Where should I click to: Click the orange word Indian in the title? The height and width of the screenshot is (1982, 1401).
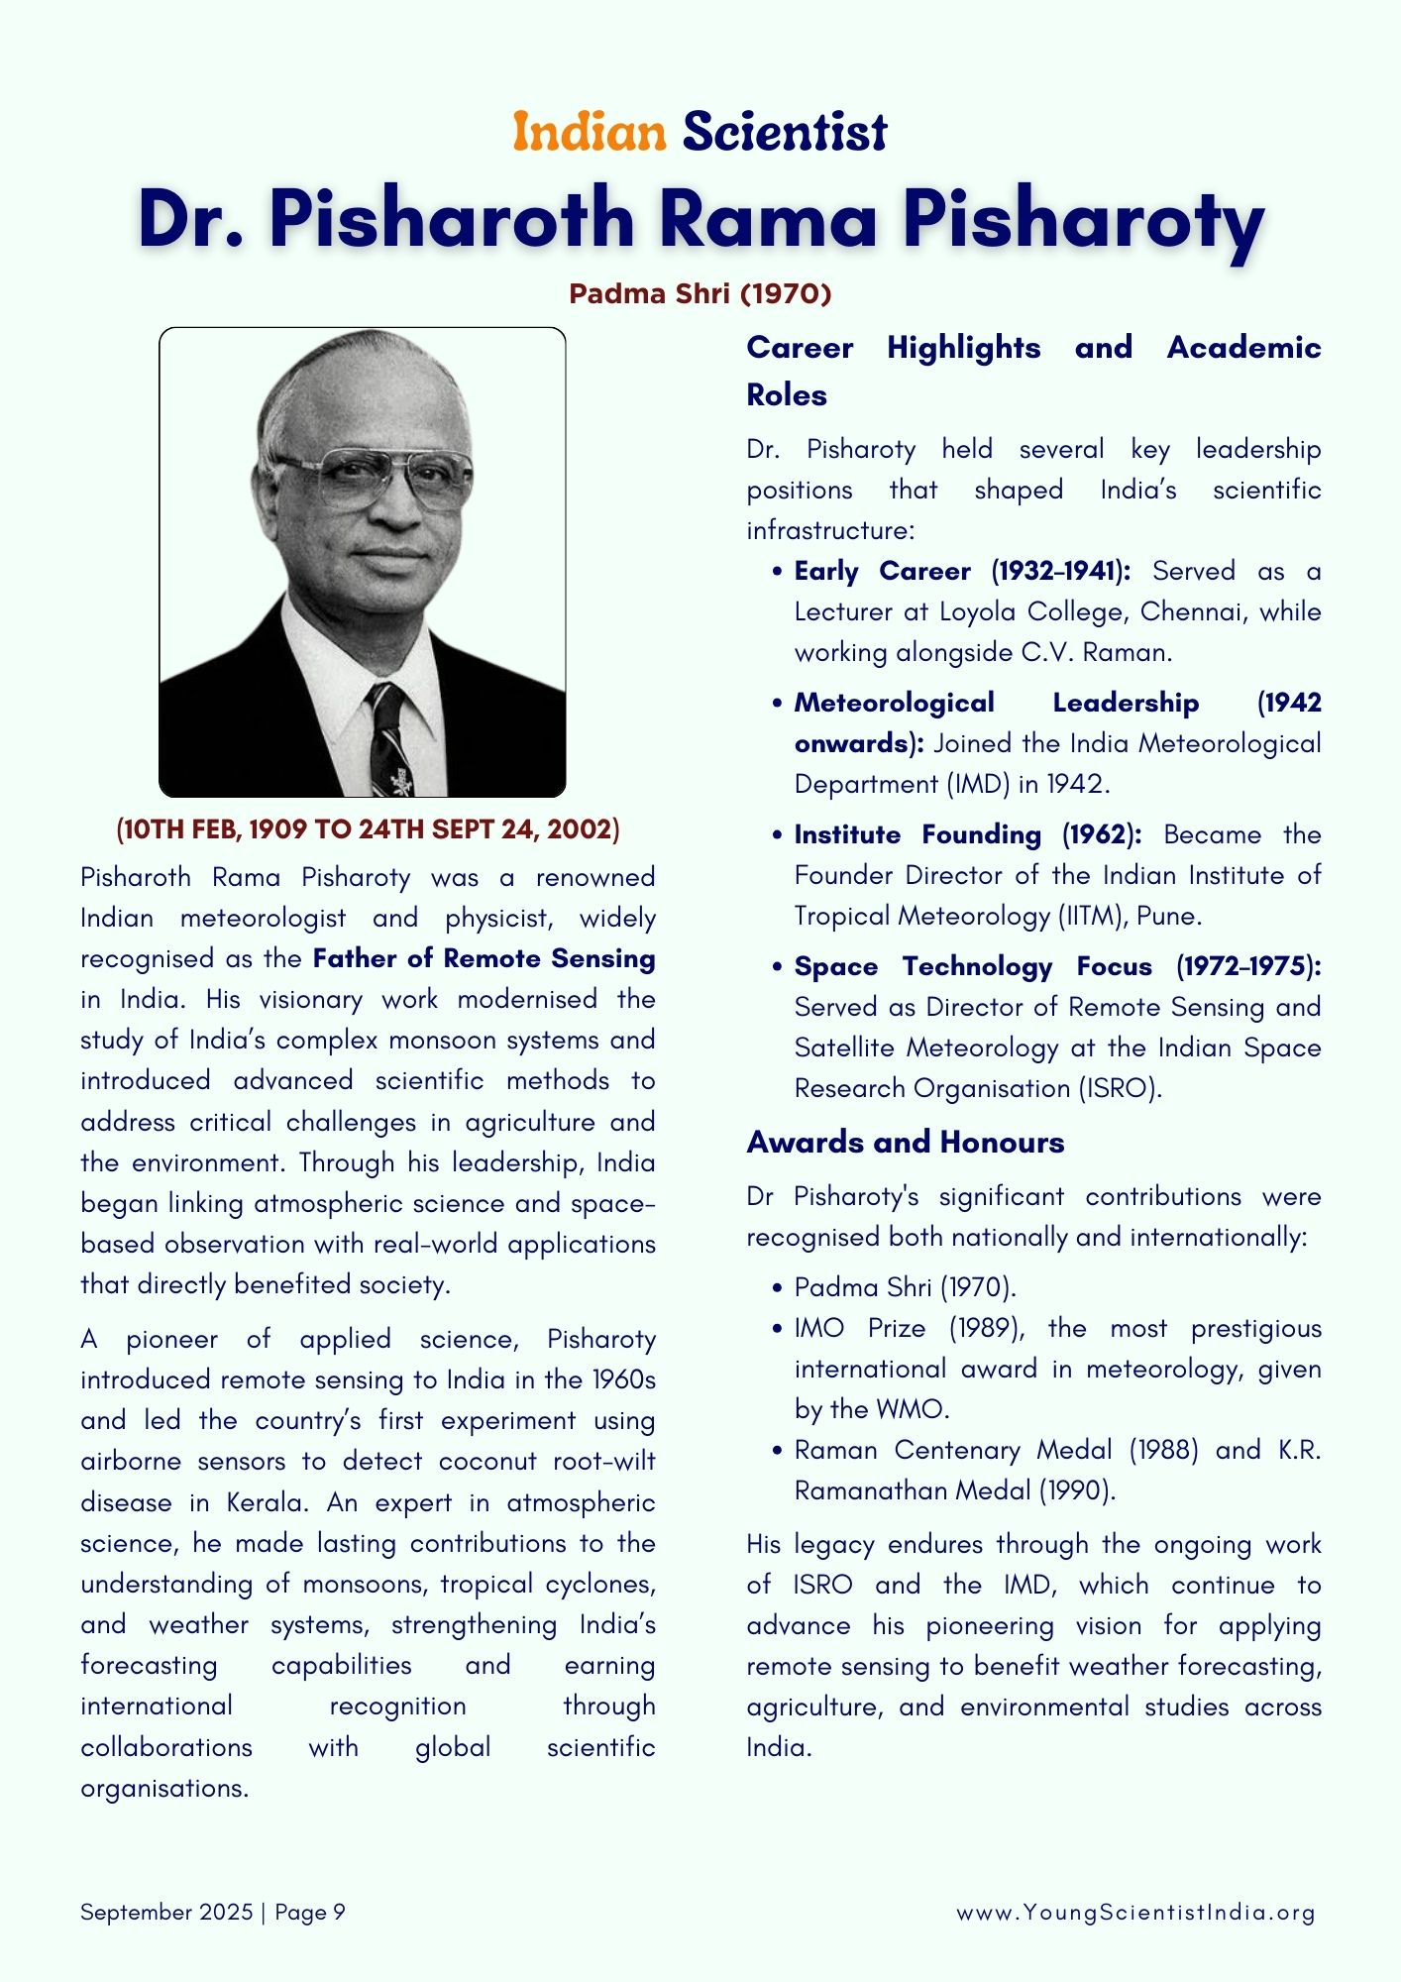(x=589, y=133)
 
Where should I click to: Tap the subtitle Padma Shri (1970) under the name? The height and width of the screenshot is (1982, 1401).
(x=700, y=294)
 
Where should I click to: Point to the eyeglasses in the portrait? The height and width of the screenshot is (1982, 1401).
(x=374, y=479)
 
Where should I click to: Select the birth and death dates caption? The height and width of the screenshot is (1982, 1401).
(x=368, y=829)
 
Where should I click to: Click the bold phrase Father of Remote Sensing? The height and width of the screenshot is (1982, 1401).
(x=484, y=959)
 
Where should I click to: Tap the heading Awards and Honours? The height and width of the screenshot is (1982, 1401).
(x=906, y=1143)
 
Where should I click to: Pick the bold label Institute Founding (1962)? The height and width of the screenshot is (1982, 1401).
(x=967, y=835)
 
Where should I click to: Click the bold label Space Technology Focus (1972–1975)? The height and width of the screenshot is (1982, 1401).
(x=1057, y=967)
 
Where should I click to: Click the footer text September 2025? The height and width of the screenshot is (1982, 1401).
(x=166, y=1913)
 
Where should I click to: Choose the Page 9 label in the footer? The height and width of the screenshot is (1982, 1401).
(x=310, y=1913)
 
